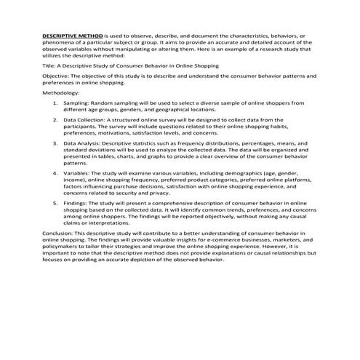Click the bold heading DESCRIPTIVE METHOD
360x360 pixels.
[73, 35]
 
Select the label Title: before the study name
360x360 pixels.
[50, 65]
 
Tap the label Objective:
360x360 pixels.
[57, 75]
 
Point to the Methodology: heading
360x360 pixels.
[60, 93]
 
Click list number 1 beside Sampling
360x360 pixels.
[57, 103]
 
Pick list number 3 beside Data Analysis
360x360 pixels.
[57, 145]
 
